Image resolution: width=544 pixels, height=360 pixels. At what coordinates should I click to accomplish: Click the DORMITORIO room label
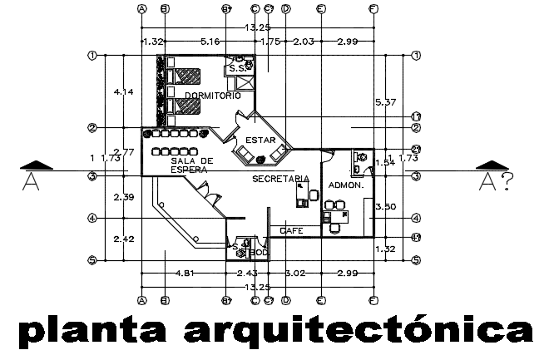[x=213, y=96]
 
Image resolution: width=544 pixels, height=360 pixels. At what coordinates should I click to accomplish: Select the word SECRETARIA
[x=281, y=179]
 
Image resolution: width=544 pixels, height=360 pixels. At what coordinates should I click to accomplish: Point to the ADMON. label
[x=345, y=185]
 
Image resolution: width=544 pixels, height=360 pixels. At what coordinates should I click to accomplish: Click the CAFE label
[x=291, y=230]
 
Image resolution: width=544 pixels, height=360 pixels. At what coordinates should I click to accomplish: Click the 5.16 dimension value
[x=210, y=41]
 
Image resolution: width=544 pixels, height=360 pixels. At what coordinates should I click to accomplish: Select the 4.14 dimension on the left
[x=123, y=91]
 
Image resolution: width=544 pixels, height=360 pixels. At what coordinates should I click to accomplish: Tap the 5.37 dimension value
[x=385, y=102]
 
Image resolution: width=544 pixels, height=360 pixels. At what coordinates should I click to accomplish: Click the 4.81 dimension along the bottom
[x=184, y=274]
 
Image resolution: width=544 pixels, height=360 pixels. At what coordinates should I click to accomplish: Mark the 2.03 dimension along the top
[x=304, y=41]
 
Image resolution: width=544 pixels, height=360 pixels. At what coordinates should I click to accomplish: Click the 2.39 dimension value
[x=123, y=197]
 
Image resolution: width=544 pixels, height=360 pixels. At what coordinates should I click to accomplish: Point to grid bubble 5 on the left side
[x=93, y=260]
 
